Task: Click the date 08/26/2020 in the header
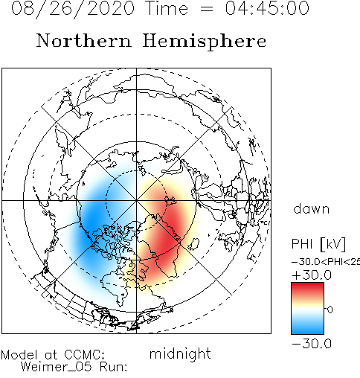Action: (x=73, y=9)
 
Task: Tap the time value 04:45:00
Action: (x=267, y=8)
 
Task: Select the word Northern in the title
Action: (x=84, y=40)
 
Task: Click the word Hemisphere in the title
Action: (x=205, y=41)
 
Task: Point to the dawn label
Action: (x=312, y=209)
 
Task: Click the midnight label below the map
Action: (x=180, y=353)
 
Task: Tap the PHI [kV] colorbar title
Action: (x=318, y=244)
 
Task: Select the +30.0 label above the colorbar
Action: (x=312, y=275)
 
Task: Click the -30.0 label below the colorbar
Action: (x=312, y=344)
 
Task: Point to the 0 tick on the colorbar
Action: (x=330, y=310)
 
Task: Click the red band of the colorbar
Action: (x=307, y=290)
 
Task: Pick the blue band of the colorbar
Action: (x=307, y=327)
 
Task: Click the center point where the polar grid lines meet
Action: (x=136, y=200)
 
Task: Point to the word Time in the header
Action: (x=167, y=8)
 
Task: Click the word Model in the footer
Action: (x=19, y=355)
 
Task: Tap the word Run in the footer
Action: (x=113, y=367)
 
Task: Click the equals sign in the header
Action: (x=206, y=10)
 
